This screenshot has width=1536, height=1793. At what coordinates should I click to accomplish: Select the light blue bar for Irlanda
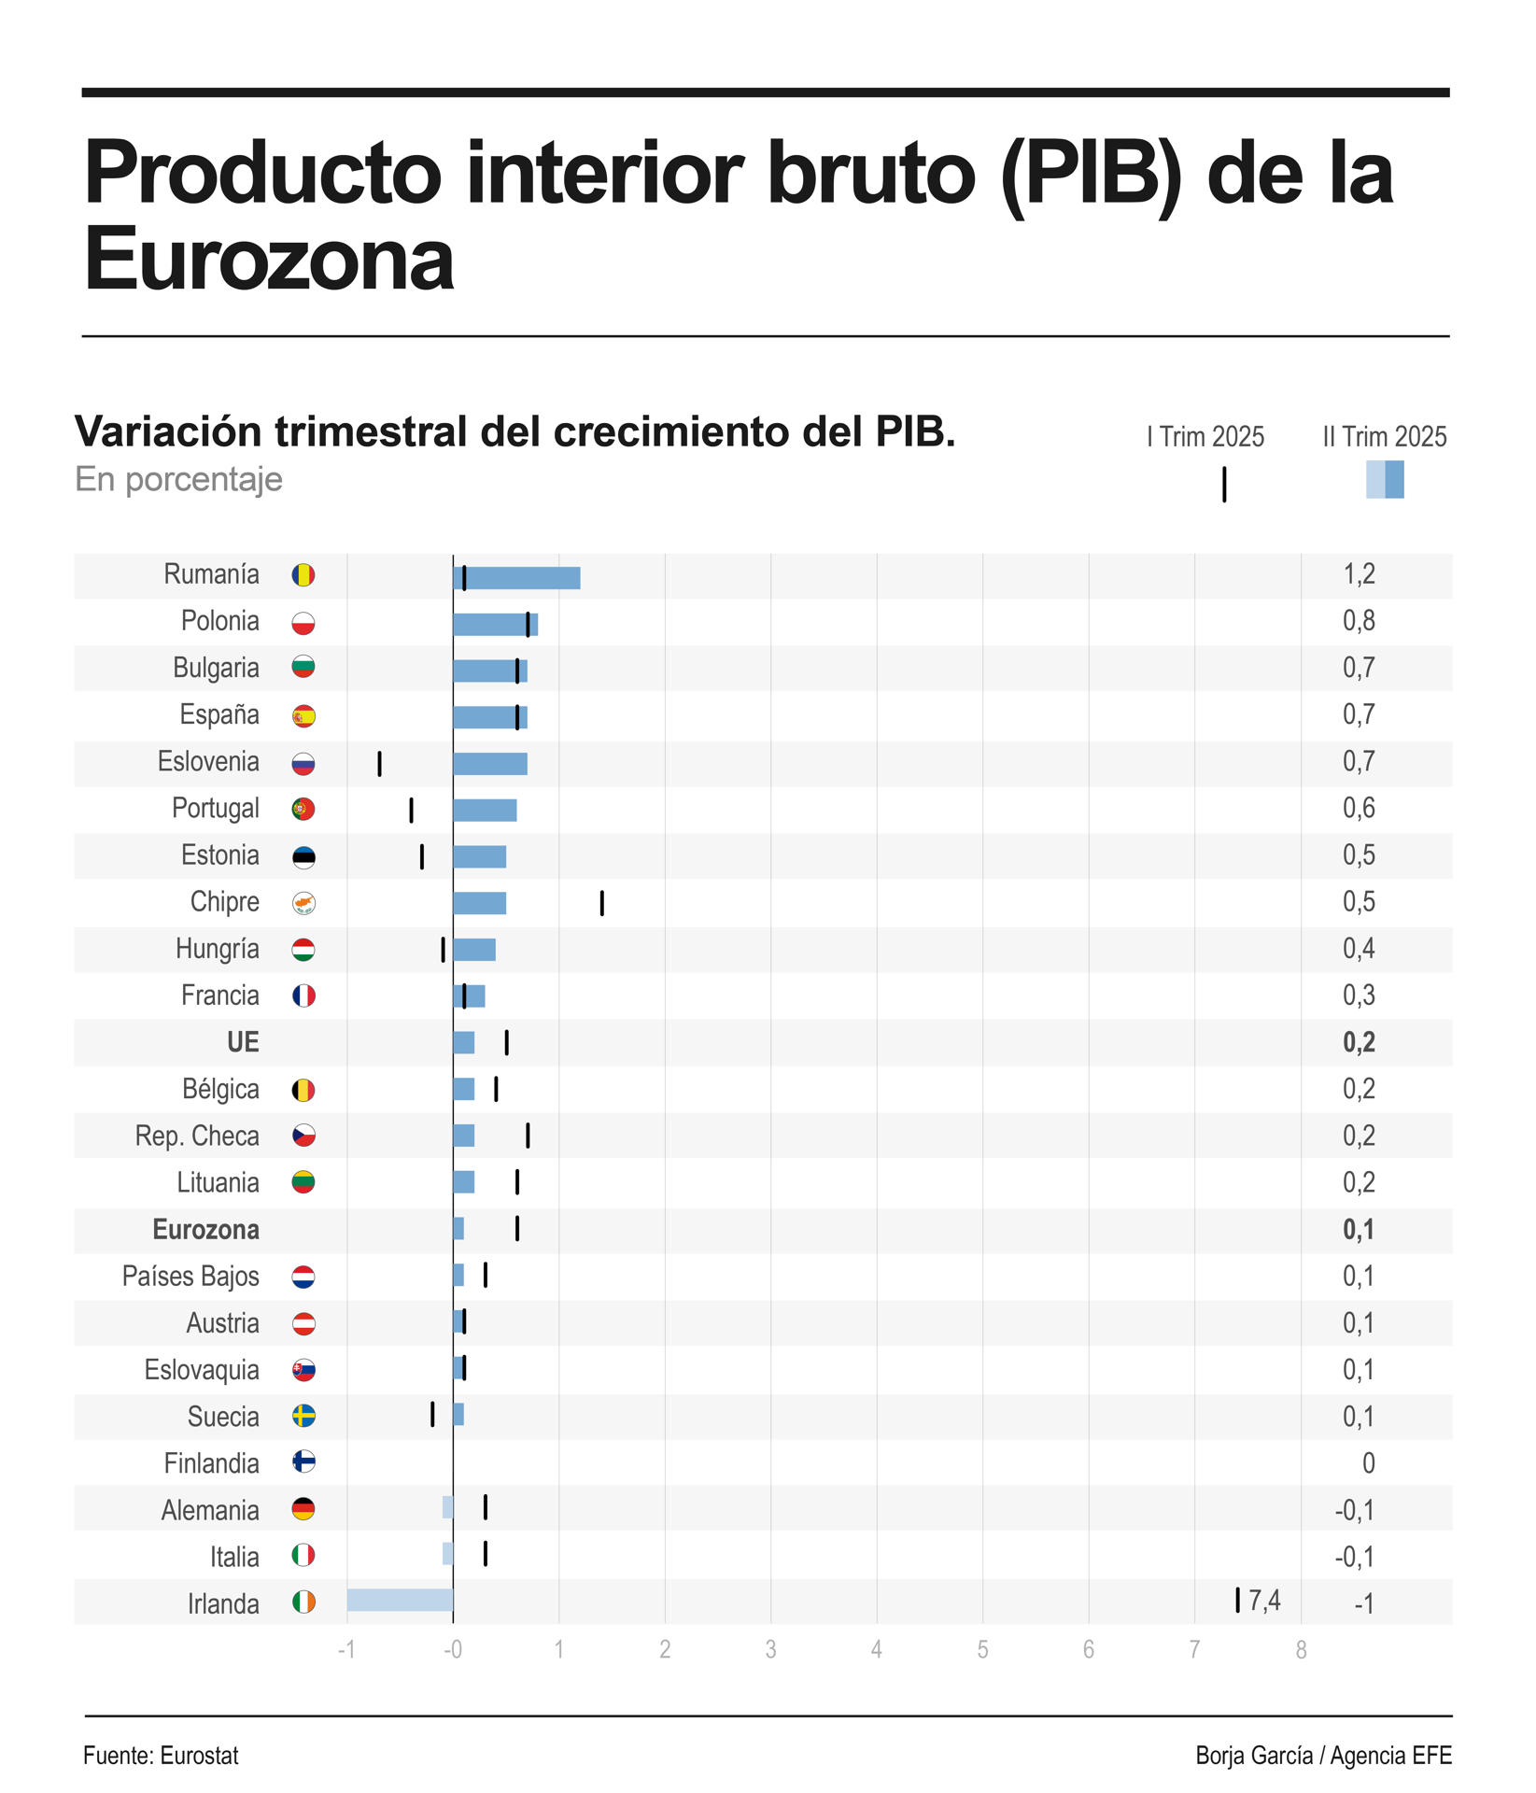click(x=400, y=1600)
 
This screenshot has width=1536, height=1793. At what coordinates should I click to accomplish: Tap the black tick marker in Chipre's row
click(x=601, y=903)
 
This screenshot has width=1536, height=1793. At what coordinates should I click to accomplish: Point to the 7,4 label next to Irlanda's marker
click(x=1264, y=1601)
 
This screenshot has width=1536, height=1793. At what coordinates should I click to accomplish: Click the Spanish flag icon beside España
click(x=303, y=716)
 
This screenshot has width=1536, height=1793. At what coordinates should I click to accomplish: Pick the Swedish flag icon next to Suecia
click(x=303, y=1416)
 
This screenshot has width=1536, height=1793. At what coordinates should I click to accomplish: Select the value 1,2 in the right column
click(x=1359, y=574)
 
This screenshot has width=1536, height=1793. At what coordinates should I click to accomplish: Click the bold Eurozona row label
click(x=205, y=1229)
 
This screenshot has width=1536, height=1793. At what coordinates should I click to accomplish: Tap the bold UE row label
click(x=243, y=1042)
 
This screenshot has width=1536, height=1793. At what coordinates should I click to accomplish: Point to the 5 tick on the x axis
click(x=982, y=1649)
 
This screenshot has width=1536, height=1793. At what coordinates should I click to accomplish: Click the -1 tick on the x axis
click(x=346, y=1649)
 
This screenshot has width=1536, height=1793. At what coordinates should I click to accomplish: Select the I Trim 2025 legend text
click(x=1205, y=437)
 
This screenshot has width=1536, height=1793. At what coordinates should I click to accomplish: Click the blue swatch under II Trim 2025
click(x=1385, y=480)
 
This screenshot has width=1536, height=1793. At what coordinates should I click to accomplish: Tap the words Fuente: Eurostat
click(x=161, y=1756)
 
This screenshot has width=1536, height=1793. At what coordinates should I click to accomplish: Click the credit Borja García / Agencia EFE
click(x=1323, y=1756)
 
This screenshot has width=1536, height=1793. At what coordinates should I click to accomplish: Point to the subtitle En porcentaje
click(x=178, y=479)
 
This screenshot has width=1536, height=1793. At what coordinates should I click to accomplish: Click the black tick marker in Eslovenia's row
click(x=379, y=763)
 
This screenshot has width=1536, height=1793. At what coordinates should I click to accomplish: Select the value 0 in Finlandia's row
click(x=1368, y=1462)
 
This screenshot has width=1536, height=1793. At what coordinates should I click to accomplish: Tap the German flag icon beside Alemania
click(x=303, y=1509)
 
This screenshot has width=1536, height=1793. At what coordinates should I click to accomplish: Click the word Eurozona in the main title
click(x=269, y=259)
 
